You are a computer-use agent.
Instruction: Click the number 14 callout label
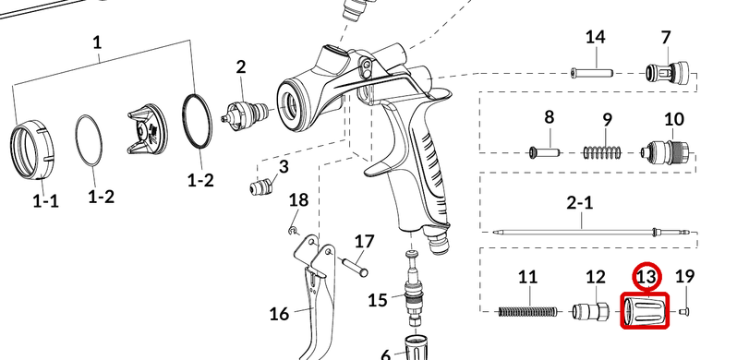tap(595, 37)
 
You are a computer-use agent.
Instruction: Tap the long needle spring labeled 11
tap(527, 311)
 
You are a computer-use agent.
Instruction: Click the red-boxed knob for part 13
tap(645, 311)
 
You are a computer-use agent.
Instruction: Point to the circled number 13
tap(646, 277)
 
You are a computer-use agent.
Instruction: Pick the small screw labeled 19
tap(683, 311)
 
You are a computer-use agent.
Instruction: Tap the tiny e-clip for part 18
tap(293, 230)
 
